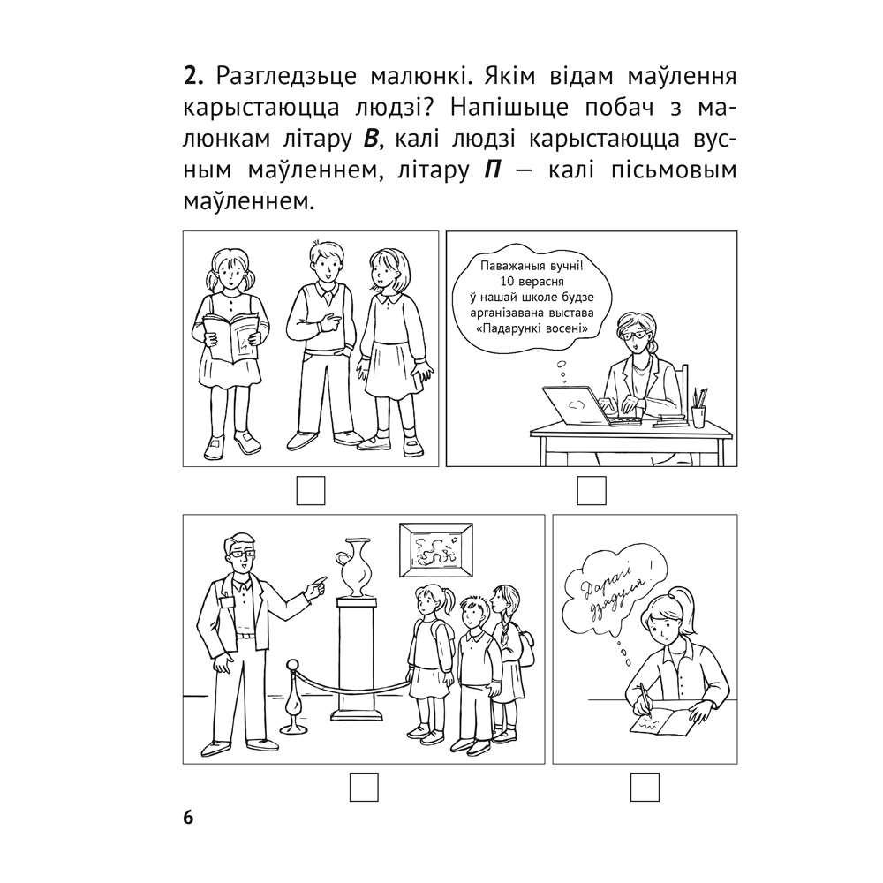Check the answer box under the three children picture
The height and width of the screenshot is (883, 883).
[x=311, y=491]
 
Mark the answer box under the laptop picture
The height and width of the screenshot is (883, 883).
[x=591, y=491]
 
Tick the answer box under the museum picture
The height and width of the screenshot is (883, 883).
[x=363, y=786]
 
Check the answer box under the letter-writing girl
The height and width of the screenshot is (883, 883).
[x=645, y=786]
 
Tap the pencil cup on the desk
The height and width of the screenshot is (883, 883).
[x=698, y=414]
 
